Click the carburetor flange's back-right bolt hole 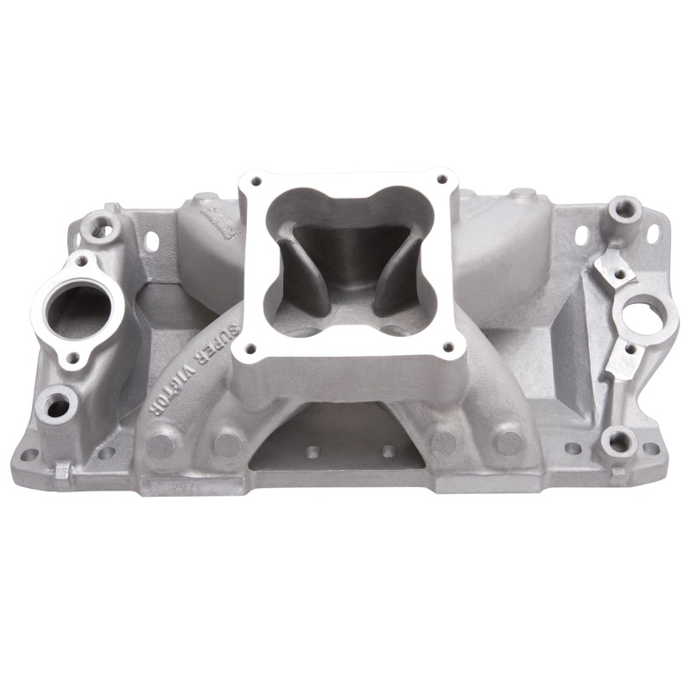pyautogui.click(x=441, y=179)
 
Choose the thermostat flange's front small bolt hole pyautogui.click(x=74, y=357)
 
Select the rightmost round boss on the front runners pyautogui.click(x=510, y=442)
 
